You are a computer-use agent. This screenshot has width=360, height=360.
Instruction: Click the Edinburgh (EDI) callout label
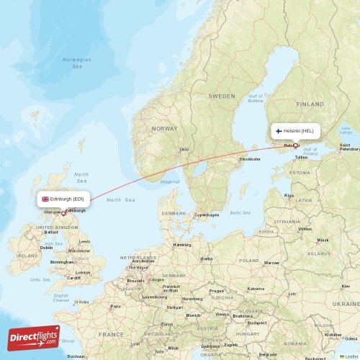coord(63,199)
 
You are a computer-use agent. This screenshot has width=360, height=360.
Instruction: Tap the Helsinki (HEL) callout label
coord(295,131)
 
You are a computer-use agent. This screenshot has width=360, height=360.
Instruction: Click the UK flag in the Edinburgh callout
coord(45,199)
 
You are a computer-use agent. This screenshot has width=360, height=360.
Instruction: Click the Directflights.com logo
coord(34,338)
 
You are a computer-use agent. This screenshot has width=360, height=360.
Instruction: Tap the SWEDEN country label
coord(222,96)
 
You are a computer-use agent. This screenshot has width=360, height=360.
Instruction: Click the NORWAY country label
coord(164,128)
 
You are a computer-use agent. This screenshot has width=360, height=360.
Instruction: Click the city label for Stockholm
coord(250,158)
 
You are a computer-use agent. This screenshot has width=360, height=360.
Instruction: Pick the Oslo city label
coord(184,150)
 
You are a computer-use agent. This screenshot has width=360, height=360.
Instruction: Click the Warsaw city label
coord(271,263)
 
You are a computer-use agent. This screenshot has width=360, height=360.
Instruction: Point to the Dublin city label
coord(46,248)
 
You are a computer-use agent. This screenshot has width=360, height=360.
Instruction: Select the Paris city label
coord(115,307)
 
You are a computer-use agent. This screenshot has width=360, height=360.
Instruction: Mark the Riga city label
coord(289,195)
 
